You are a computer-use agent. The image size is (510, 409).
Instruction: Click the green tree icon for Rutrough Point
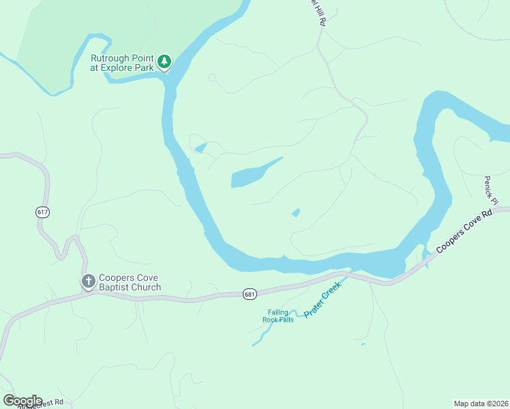tap(164, 62)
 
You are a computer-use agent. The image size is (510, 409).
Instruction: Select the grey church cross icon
tap(88, 281)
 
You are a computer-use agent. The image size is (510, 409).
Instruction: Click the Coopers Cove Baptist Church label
tap(130, 282)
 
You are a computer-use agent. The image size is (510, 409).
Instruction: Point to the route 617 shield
tap(43, 212)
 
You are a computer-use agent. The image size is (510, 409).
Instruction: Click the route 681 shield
tap(250, 294)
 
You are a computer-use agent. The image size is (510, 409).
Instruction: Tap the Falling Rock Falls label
tap(278, 316)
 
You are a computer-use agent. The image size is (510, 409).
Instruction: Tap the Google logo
tap(22, 401)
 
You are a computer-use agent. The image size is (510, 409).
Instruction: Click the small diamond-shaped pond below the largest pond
tap(296, 213)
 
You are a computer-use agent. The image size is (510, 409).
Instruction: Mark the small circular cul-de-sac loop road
tap(212, 78)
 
